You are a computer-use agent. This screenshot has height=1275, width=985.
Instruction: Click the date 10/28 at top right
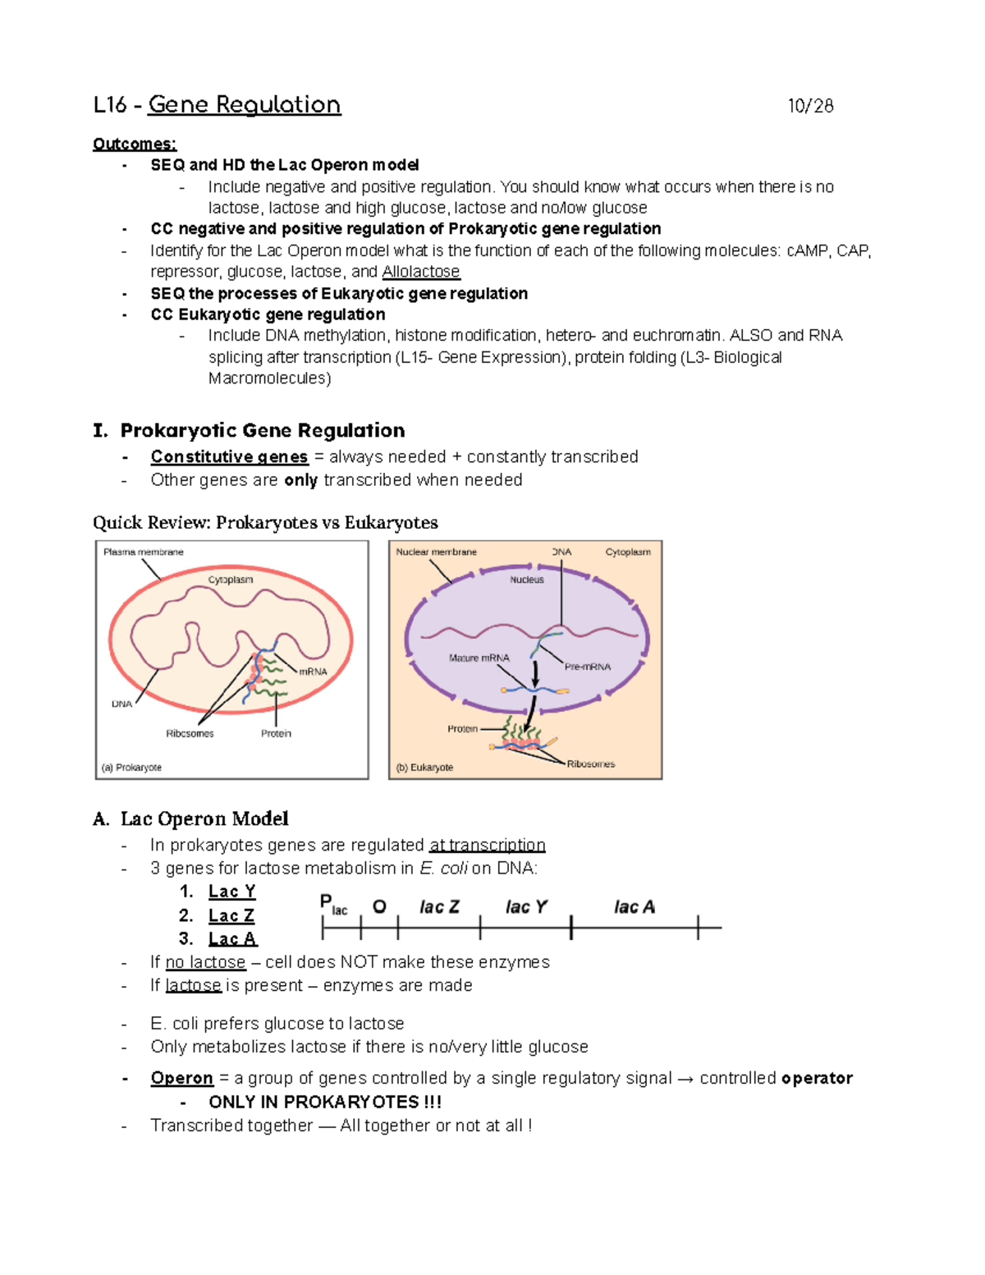(x=810, y=106)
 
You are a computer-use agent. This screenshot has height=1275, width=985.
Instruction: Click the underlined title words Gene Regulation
(x=244, y=105)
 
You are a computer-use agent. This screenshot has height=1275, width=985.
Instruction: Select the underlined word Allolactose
(x=420, y=272)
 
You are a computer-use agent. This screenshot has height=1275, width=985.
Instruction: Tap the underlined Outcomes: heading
(x=135, y=144)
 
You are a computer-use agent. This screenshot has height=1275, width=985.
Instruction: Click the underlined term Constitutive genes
(x=229, y=456)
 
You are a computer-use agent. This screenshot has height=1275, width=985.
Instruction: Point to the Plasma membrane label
(x=144, y=552)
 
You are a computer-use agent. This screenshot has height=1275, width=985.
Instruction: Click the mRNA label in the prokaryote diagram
(x=313, y=672)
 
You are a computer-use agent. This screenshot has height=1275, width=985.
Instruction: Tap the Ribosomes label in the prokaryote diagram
(x=190, y=733)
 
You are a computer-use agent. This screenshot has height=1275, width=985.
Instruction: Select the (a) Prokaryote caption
(x=131, y=768)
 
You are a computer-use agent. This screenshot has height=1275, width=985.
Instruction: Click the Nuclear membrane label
(x=436, y=552)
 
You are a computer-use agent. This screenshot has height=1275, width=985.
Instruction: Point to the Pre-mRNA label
(x=588, y=667)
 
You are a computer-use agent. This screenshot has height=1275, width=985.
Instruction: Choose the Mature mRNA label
(x=479, y=658)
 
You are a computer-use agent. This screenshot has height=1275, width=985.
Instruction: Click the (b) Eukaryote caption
(x=424, y=768)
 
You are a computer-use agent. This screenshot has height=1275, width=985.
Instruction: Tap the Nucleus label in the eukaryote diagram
(x=527, y=580)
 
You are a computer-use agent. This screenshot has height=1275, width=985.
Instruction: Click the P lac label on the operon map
(x=332, y=906)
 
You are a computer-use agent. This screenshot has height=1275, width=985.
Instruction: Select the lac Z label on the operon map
(x=439, y=907)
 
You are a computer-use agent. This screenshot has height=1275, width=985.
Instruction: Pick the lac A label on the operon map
(x=634, y=907)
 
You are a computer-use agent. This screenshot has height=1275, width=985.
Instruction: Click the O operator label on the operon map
(x=379, y=907)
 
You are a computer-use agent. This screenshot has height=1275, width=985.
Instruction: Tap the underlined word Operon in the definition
(x=181, y=1078)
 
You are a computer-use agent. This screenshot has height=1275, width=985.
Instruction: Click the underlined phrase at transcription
(x=487, y=845)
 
